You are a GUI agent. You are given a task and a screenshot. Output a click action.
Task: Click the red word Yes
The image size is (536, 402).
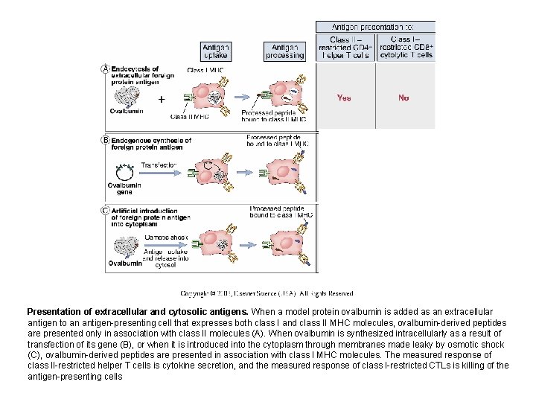[344, 98]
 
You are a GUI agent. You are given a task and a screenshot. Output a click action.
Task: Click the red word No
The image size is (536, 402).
[403, 98]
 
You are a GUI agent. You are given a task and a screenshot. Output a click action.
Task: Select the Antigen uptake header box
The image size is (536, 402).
[216, 51]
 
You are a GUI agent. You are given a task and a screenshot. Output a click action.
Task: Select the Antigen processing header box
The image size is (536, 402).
[285, 51]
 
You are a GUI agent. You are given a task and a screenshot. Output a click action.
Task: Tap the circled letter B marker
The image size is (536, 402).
[105, 139]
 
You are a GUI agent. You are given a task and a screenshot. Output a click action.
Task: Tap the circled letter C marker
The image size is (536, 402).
[105, 210]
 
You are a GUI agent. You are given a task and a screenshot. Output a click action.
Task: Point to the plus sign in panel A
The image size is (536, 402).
[161, 98]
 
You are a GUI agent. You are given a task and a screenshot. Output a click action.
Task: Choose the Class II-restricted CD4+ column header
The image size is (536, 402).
[345, 47]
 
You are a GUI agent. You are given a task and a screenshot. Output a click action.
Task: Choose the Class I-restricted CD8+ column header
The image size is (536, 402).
[405, 47]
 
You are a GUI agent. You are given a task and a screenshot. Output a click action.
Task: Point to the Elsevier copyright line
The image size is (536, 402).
[267, 293]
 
